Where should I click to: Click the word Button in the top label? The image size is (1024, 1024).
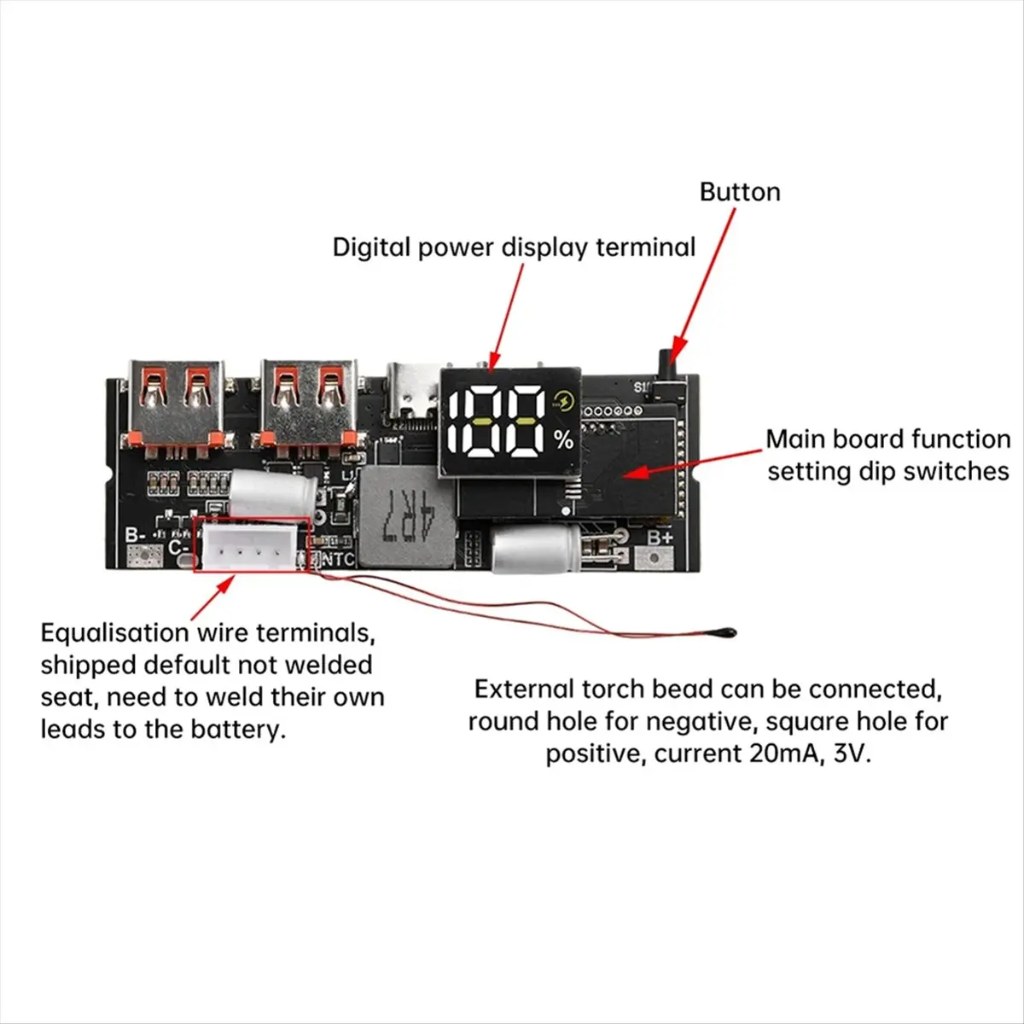coord(740,192)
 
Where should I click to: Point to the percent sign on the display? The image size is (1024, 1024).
coord(563,440)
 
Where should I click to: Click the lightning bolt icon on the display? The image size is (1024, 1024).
coord(564,401)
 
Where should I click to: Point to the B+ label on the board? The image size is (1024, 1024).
coord(660,538)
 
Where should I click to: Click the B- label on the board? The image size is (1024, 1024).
coord(137,535)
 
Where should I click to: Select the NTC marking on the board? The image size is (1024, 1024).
coord(337,560)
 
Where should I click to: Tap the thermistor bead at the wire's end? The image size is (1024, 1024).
coord(731,632)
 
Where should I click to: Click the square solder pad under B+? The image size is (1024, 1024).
coord(658,559)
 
